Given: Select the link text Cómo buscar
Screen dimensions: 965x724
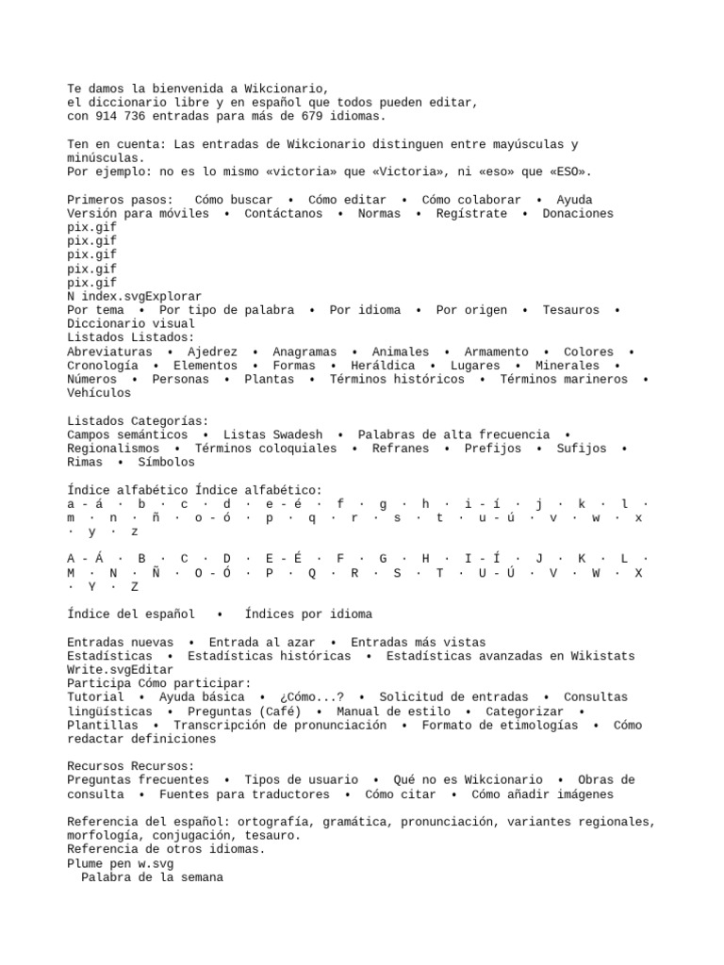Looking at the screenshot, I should point(234,200).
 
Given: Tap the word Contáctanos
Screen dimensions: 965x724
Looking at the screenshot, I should point(283,214).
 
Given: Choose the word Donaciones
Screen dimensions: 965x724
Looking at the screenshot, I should point(578,214).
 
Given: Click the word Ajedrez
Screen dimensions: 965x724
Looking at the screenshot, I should point(213,352).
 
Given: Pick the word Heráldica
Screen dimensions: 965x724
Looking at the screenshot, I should point(383,366).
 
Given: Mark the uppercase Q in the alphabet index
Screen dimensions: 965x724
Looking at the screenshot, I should point(312,573).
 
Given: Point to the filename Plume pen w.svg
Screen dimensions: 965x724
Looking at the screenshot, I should point(121,863).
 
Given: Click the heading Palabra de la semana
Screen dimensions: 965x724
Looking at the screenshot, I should point(152,877).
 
